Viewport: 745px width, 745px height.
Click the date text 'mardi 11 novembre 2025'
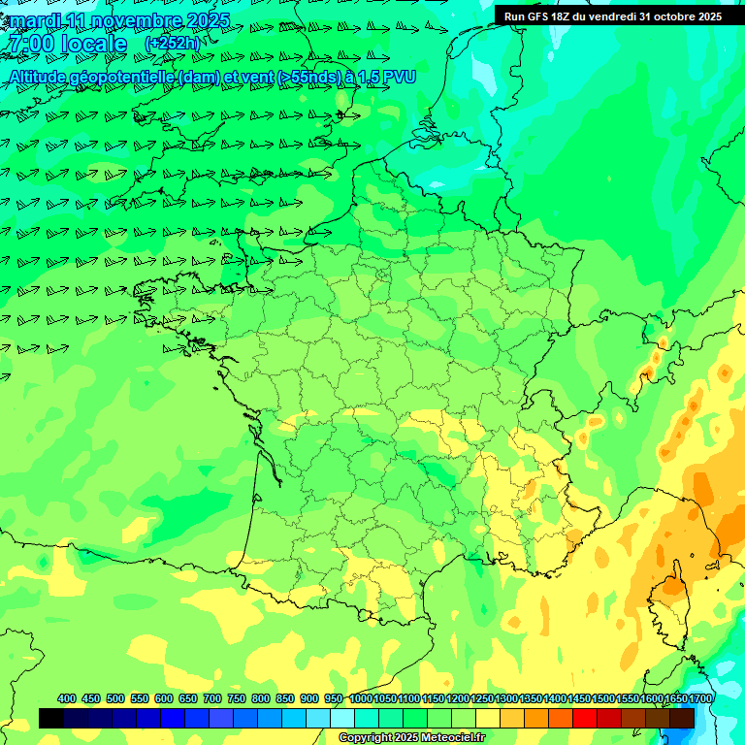119,20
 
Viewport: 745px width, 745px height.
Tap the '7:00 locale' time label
66,45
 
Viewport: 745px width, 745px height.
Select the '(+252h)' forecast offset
172,45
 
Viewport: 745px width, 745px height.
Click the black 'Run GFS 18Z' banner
612,16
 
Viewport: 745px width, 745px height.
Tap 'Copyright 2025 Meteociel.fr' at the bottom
410,738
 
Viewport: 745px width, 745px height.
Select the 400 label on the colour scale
67,698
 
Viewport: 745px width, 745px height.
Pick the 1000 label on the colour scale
360,698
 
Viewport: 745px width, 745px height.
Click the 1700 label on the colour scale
699,698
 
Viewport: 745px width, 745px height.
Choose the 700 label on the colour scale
212,698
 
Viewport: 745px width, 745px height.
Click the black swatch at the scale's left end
51,718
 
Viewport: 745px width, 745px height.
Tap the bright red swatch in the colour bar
584,718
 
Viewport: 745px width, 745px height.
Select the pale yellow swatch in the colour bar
488,718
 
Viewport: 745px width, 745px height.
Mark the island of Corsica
667,601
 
